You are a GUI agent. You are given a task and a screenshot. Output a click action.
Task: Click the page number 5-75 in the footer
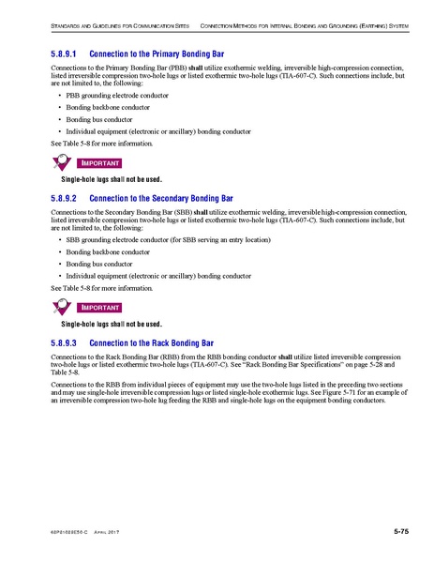[400, 532]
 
